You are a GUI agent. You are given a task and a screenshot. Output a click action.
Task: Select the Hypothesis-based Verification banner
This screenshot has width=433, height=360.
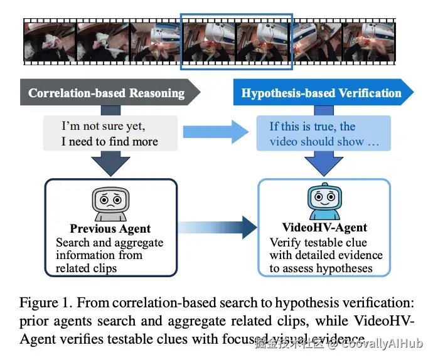321,93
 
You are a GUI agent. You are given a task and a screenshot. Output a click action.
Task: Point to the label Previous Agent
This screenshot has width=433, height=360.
110,229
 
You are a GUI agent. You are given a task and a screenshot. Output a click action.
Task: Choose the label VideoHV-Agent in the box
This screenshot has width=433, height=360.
324,228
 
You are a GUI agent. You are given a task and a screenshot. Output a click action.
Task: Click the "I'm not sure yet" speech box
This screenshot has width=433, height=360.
110,133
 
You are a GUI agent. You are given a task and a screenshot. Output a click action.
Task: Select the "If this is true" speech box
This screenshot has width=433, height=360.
324,133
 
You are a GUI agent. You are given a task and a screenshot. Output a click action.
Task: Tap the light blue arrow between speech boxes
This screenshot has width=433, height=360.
214,132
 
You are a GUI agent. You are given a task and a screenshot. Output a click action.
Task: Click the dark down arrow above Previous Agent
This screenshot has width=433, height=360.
110,166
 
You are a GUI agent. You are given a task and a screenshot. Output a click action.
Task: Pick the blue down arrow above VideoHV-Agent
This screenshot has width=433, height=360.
324,166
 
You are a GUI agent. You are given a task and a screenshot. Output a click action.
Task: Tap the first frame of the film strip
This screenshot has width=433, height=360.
50,41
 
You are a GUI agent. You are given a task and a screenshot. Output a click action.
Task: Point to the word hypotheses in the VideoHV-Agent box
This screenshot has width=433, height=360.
343,268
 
